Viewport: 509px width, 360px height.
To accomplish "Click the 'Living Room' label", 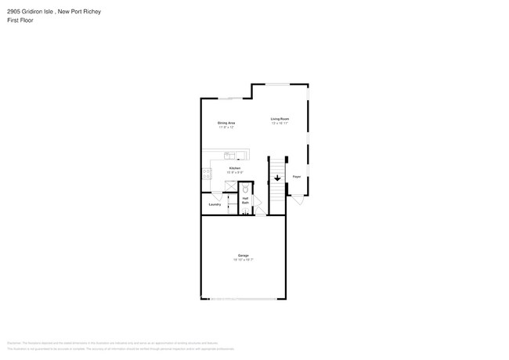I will tap(280, 118).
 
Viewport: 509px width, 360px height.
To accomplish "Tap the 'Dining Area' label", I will tap(226, 123).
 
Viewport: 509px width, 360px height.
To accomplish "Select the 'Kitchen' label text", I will tap(234, 168).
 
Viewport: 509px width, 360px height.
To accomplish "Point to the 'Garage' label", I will tap(244, 256).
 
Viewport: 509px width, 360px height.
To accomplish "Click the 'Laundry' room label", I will tap(214, 205).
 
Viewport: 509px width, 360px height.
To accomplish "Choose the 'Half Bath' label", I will tap(245, 201).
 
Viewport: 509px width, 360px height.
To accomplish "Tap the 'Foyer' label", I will tap(297, 177).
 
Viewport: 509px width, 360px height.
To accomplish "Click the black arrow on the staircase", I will tap(277, 178).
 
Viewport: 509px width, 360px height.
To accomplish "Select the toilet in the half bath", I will tap(245, 189).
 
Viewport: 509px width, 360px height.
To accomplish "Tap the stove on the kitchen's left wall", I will tap(207, 173).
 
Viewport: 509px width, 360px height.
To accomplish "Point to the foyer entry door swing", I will tap(296, 200).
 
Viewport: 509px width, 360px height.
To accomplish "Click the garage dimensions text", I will tap(244, 260).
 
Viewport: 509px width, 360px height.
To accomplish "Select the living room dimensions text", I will tap(280, 123).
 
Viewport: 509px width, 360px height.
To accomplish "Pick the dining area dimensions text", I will tap(226, 127).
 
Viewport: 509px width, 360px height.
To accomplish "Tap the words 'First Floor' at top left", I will tap(20, 20).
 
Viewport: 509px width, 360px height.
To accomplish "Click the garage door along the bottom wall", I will tap(244, 298).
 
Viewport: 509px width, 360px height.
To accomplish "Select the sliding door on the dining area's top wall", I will tap(229, 98).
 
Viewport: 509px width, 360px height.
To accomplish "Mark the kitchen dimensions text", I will tap(234, 172).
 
